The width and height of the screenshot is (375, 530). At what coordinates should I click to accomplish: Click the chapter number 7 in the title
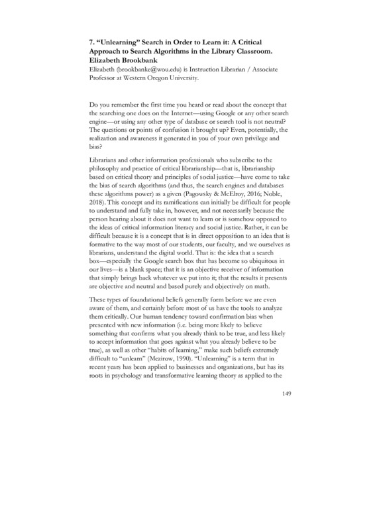[x=92, y=40]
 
